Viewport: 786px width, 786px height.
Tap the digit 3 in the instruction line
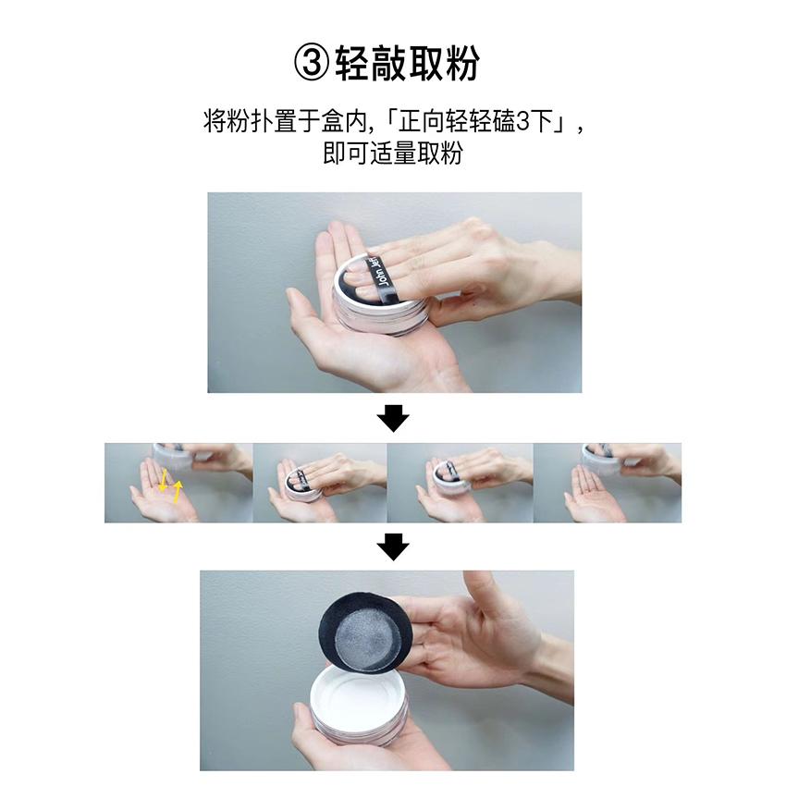[522, 122]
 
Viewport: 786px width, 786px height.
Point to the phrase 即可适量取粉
[392, 154]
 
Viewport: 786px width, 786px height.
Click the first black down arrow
[393, 418]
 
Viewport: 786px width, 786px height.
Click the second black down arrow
[393, 547]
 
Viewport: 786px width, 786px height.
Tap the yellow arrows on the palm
[170, 485]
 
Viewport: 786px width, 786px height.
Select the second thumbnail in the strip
[320, 483]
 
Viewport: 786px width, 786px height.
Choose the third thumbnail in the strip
[460, 483]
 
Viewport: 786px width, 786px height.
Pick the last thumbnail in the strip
[607, 483]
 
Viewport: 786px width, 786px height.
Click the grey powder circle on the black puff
[366, 638]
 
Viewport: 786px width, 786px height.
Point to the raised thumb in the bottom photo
[481, 593]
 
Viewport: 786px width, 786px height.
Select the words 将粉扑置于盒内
[285, 122]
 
